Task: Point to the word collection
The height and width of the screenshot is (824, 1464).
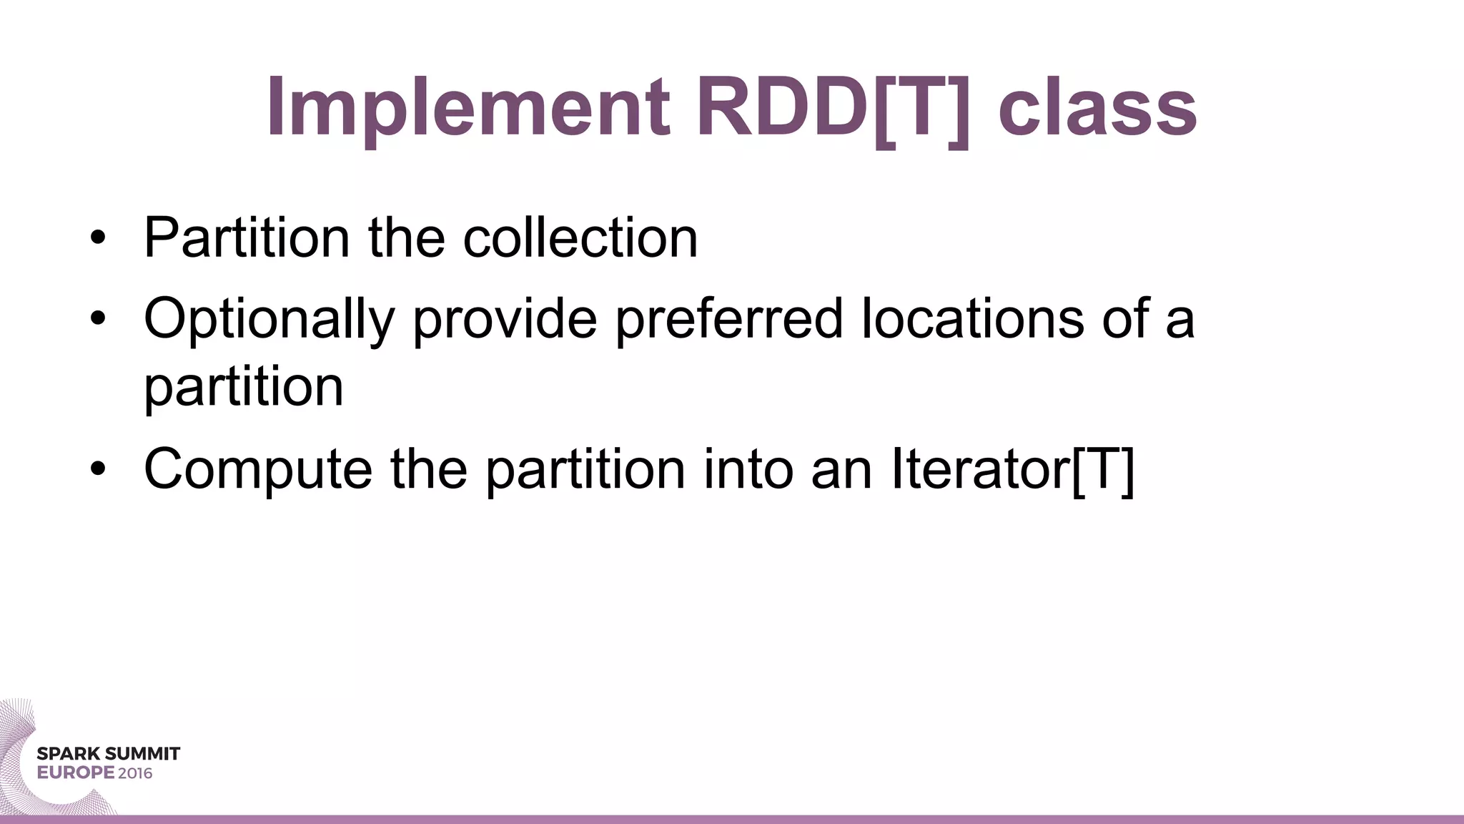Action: [x=580, y=237]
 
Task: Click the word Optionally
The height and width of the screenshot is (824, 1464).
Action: [x=269, y=319]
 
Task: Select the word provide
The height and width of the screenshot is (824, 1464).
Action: [x=505, y=319]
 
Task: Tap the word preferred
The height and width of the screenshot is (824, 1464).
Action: [x=729, y=319]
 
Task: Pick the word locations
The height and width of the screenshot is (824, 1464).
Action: [x=973, y=318]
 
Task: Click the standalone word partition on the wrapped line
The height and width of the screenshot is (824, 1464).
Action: [x=244, y=388]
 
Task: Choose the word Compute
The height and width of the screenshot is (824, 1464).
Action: [x=258, y=470]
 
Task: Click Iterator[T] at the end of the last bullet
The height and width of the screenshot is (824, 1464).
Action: [x=1012, y=470]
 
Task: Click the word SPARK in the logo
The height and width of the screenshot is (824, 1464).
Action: [x=68, y=754]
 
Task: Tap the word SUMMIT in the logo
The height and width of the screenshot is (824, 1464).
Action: [x=142, y=754]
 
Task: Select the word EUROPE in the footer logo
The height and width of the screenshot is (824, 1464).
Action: [x=76, y=773]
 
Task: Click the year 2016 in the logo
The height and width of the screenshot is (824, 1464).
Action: [x=135, y=773]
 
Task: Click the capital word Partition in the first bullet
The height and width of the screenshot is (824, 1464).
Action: [x=247, y=237]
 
